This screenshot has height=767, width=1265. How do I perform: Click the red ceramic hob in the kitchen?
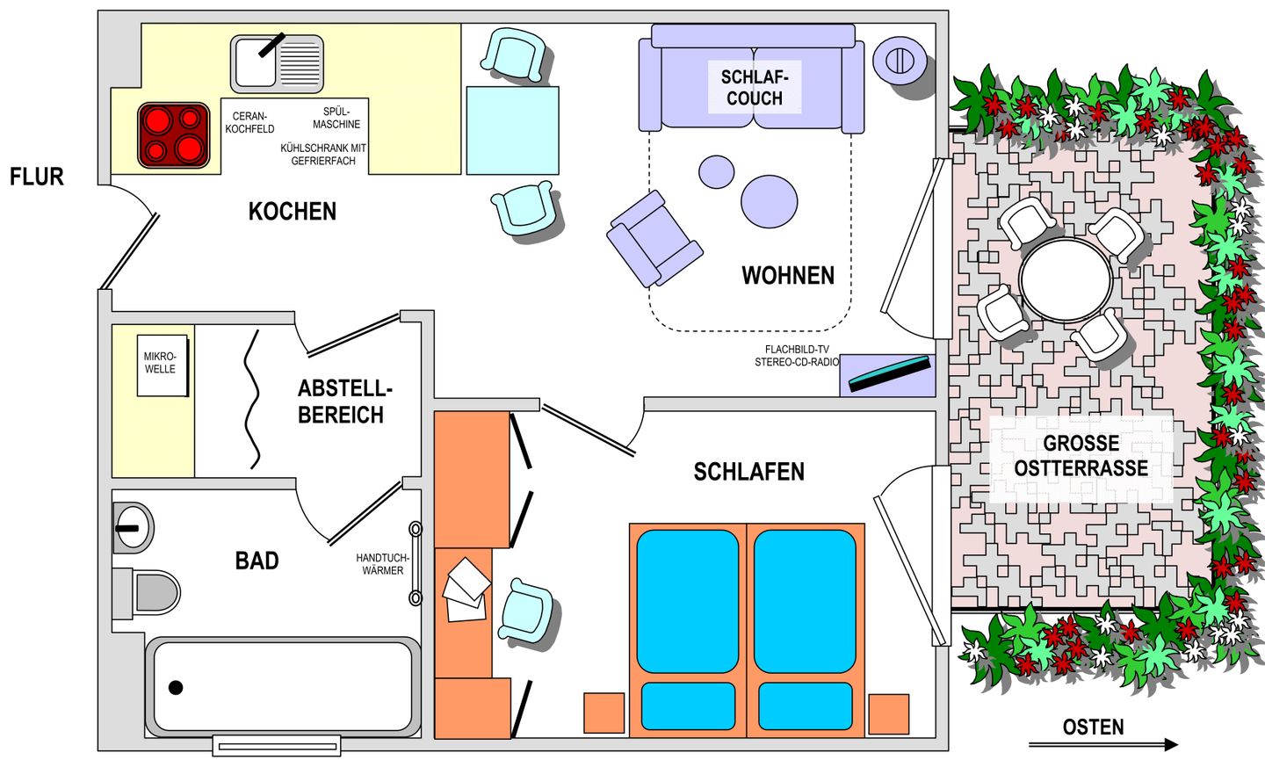click(174, 135)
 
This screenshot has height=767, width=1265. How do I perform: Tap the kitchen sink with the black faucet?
click(277, 63)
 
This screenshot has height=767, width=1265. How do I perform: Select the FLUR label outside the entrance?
click(37, 177)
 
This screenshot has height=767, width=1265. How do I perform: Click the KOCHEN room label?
click(292, 211)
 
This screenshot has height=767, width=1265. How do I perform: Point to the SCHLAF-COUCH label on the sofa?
click(755, 88)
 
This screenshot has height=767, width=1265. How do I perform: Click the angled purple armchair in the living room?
click(654, 239)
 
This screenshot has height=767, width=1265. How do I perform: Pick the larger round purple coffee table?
click(770, 201)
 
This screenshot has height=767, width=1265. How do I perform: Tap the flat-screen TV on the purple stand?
click(889, 374)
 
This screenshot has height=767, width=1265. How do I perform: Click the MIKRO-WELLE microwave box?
click(162, 365)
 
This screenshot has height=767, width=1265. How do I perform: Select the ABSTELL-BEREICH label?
click(344, 402)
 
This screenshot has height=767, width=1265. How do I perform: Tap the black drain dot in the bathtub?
click(176, 687)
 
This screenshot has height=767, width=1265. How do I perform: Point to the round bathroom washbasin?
click(134, 527)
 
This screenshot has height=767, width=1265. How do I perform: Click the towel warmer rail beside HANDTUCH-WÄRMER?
click(415, 563)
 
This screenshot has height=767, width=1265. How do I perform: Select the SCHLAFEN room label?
click(748, 472)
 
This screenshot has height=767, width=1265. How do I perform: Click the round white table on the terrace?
click(1066, 279)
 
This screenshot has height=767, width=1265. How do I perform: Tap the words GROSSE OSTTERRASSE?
click(1081, 456)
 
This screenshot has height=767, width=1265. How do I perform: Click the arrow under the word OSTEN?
click(1103, 745)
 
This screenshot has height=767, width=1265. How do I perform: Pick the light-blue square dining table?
click(512, 130)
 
